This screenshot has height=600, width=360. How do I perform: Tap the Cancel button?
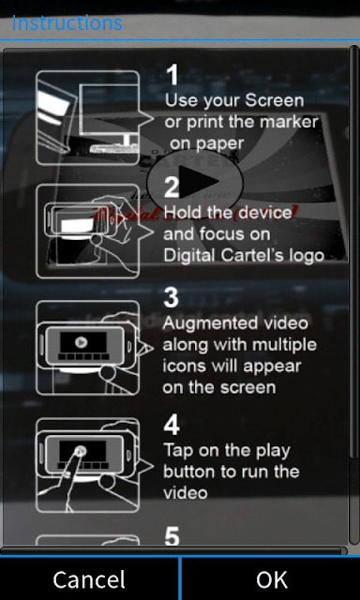(x=89, y=579)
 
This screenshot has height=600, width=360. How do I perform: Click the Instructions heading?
(x=67, y=22)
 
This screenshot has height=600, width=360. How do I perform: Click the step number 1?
(x=172, y=75)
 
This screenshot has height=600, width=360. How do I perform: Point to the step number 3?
(x=171, y=297)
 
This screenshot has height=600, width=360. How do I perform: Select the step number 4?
(x=172, y=425)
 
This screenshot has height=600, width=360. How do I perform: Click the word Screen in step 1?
(x=275, y=100)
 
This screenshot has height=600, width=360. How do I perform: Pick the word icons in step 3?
(x=178, y=367)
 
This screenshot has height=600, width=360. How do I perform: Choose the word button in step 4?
(x=187, y=471)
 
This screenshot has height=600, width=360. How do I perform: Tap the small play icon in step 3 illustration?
(x=81, y=342)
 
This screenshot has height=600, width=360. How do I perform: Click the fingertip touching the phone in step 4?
(x=80, y=452)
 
